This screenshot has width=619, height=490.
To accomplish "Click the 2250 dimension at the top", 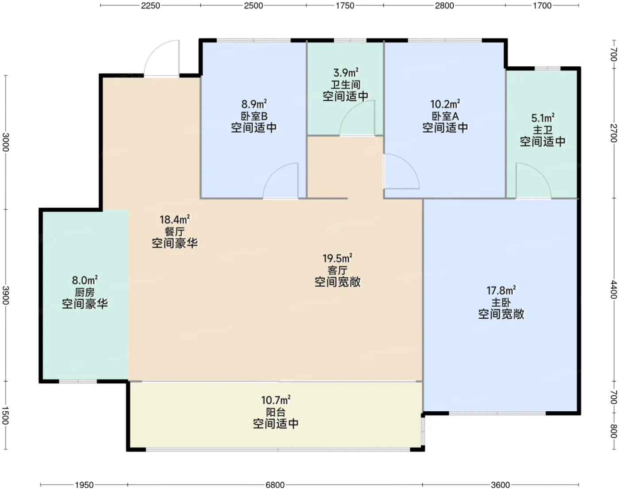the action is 150,5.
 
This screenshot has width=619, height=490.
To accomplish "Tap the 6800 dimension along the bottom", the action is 275,485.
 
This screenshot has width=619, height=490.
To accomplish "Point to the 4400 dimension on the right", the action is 613,290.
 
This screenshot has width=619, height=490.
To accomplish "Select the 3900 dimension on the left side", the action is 5,295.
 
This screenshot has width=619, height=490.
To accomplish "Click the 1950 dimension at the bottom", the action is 84,485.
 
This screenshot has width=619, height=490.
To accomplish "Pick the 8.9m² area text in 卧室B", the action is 254,103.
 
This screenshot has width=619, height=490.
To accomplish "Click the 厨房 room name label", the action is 84,292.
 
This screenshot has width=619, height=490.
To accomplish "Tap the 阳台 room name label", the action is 275,412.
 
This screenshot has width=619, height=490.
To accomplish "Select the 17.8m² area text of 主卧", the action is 501,291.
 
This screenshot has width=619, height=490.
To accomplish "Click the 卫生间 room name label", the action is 345,84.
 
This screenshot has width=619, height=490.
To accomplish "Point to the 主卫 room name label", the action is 543,130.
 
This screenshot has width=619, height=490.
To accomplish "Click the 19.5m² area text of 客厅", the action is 337,258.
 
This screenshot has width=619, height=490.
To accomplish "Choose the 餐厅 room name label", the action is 174,232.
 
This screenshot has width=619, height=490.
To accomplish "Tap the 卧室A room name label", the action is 445,116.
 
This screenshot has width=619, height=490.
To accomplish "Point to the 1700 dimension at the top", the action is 542,5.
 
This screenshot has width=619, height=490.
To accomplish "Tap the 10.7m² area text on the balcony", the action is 275,400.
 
